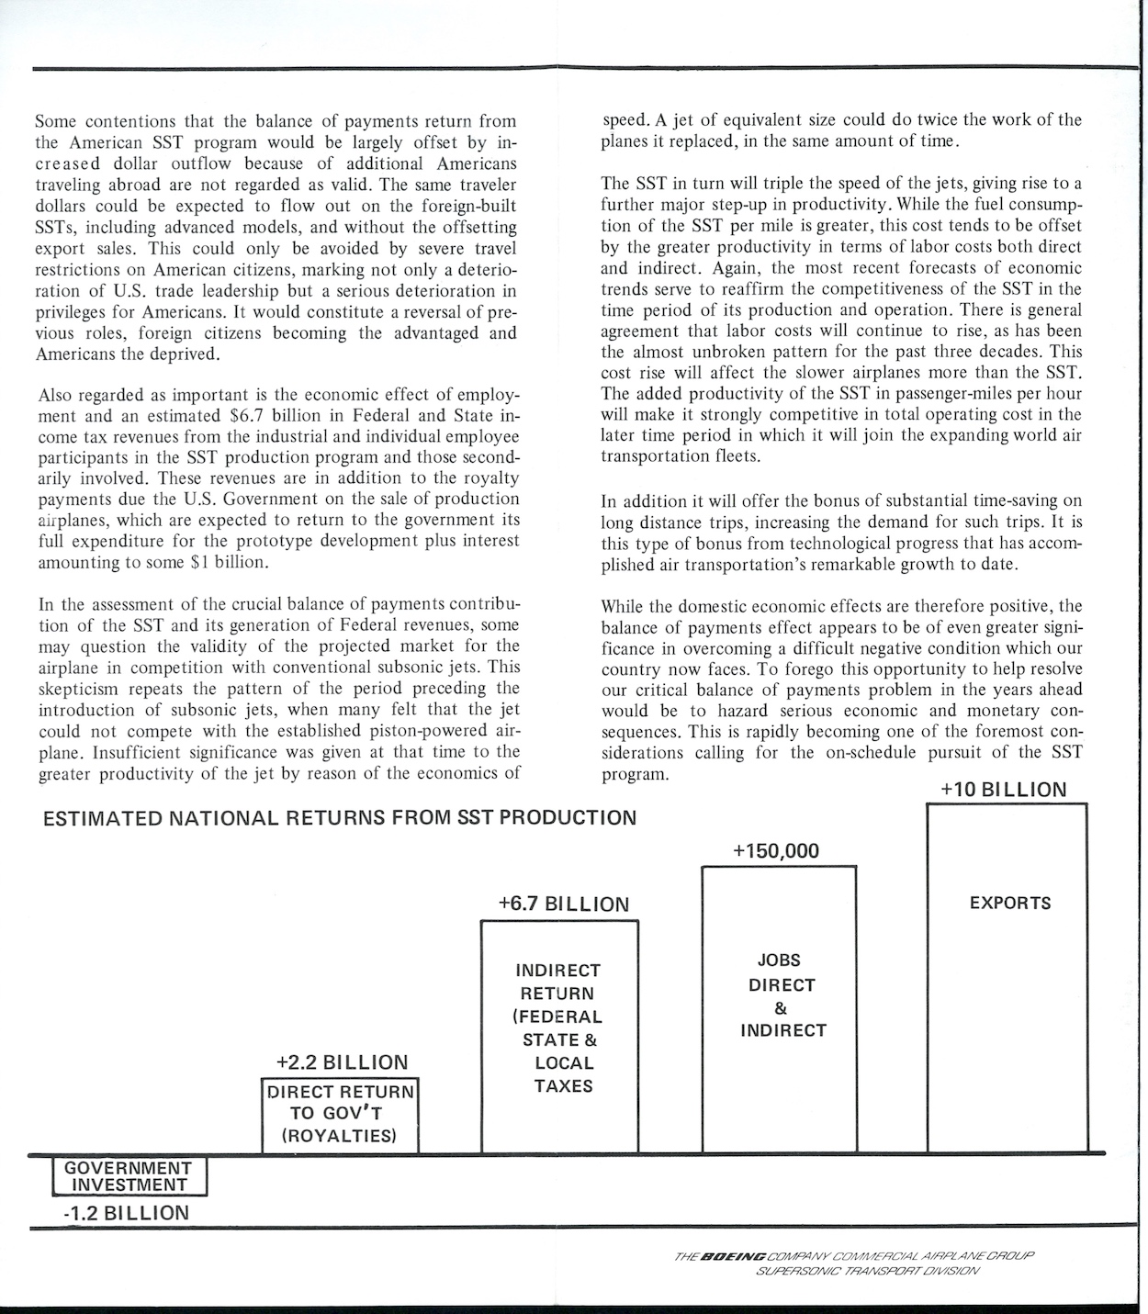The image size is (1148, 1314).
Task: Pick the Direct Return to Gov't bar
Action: pyautogui.click(x=339, y=1115)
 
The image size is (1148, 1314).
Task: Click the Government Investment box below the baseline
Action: pyautogui.click(x=129, y=1176)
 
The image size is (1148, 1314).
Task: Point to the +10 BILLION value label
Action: pyautogui.click(x=1004, y=790)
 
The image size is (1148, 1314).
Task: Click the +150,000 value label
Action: pyautogui.click(x=776, y=851)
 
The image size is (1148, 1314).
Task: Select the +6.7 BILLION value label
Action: pyautogui.click(x=563, y=904)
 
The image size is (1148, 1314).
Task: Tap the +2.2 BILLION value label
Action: pyautogui.click(x=342, y=1062)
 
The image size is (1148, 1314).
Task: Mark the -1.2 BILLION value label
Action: pyautogui.click(x=127, y=1213)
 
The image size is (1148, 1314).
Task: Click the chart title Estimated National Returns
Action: pyautogui.click(x=340, y=817)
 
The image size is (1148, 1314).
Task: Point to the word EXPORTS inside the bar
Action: pyautogui.click(x=1010, y=903)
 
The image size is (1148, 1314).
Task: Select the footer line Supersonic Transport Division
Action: pyautogui.click(x=868, y=1271)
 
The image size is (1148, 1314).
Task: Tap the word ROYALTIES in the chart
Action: pyautogui.click(x=339, y=1136)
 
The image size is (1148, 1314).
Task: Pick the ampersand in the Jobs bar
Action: pyautogui.click(x=781, y=1007)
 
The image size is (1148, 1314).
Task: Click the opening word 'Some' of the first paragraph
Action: pyautogui.click(x=55, y=121)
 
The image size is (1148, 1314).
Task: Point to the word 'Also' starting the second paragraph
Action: pyautogui.click(x=55, y=396)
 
